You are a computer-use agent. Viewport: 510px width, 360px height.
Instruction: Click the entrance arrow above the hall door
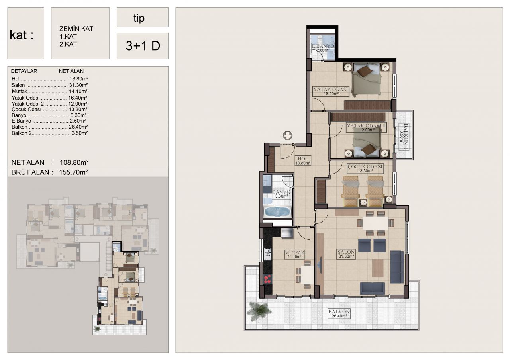[x=288, y=135]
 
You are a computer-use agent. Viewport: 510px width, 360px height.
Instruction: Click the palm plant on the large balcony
[x=259, y=311]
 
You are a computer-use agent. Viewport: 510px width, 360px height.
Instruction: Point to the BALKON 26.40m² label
[x=339, y=313]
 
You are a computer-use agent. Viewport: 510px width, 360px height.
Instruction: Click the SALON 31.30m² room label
[x=346, y=254]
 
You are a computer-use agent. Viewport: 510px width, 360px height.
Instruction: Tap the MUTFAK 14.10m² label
[x=294, y=254]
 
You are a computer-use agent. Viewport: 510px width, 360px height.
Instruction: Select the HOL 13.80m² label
[x=303, y=160]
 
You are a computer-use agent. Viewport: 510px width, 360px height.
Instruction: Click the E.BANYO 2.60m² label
[x=323, y=48]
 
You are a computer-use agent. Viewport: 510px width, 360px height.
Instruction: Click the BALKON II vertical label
[x=404, y=137]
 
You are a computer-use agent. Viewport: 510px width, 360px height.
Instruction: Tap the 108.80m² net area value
[x=74, y=162]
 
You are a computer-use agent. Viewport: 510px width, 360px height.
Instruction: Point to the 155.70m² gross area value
[x=73, y=172]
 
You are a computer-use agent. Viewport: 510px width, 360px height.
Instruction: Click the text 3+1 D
[x=143, y=46]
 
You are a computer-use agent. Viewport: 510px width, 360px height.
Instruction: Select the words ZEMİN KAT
[x=76, y=29]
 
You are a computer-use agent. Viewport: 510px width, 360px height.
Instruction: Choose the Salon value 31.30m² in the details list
[x=78, y=85]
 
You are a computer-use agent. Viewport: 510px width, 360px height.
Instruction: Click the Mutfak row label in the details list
[x=20, y=91]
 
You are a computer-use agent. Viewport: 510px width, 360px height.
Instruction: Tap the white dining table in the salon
[x=375, y=223]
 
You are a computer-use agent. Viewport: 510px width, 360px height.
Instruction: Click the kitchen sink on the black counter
[x=268, y=254]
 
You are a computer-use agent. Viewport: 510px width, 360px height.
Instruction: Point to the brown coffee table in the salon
[x=378, y=268]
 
